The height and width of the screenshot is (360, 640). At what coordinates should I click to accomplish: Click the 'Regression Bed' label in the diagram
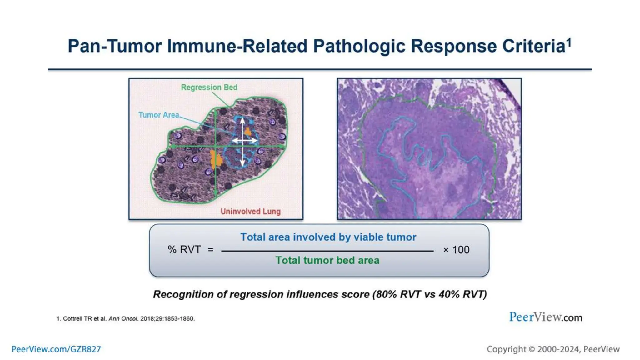pyautogui.click(x=209, y=87)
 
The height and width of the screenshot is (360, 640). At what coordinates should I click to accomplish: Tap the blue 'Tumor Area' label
pyautogui.click(x=159, y=115)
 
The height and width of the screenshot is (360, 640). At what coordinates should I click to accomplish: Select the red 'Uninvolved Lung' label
pyautogui.click(x=250, y=211)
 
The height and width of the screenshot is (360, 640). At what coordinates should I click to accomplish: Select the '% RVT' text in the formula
pyautogui.click(x=184, y=250)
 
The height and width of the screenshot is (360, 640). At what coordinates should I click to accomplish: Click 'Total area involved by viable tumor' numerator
pyautogui.click(x=328, y=237)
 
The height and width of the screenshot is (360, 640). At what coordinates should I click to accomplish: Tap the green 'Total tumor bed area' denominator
pyautogui.click(x=327, y=260)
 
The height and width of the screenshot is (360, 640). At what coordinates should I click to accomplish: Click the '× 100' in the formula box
pyautogui.click(x=456, y=250)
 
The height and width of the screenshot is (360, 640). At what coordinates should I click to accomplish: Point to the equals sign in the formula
pyautogui.click(x=210, y=250)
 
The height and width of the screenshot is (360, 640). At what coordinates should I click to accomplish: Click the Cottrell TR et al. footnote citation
pyautogui.click(x=125, y=318)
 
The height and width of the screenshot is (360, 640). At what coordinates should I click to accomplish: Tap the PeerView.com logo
pyautogui.click(x=545, y=317)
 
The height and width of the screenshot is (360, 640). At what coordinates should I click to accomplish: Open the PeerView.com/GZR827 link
pyautogui.click(x=56, y=349)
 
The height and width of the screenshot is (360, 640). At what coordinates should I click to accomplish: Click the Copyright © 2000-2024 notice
pyautogui.click(x=553, y=349)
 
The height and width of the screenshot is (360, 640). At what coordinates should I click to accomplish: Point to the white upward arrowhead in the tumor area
pyautogui.click(x=242, y=120)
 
